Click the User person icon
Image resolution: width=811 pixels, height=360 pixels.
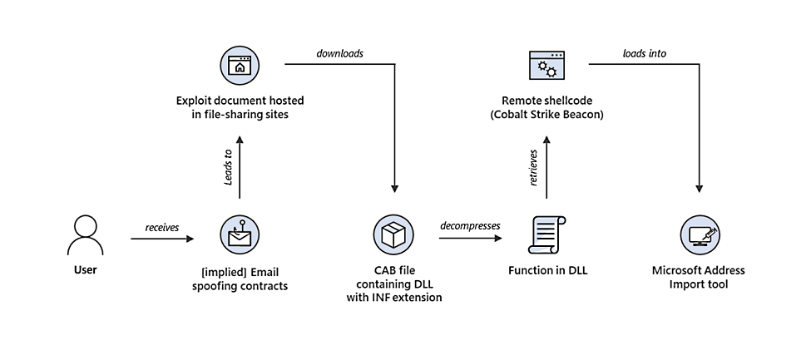(x=84, y=235)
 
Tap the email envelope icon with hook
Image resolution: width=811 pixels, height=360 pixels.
(x=240, y=235)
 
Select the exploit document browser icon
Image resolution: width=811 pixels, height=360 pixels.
(x=240, y=66)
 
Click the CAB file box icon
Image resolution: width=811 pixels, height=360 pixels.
(x=393, y=235)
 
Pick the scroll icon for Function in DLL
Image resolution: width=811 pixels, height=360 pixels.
(x=546, y=235)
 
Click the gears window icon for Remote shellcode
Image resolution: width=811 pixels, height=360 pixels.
(x=546, y=66)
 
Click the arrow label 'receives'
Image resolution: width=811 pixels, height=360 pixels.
(x=162, y=227)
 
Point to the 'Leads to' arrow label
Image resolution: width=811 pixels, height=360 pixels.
(x=228, y=167)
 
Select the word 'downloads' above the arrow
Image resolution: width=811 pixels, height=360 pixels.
(x=339, y=53)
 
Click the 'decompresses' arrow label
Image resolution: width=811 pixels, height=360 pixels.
(x=470, y=226)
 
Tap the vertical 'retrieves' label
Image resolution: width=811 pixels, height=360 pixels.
(x=534, y=167)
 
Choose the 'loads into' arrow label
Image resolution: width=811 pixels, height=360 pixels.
(x=644, y=53)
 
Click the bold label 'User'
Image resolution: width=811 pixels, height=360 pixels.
(x=84, y=269)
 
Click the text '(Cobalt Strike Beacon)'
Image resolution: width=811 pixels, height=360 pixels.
(x=546, y=114)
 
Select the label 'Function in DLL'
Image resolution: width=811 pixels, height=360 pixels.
(x=546, y=270)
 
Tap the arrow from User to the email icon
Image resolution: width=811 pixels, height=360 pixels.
(x=162, y=239)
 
